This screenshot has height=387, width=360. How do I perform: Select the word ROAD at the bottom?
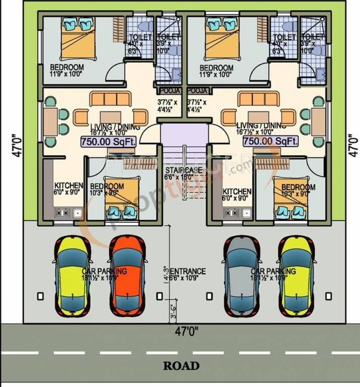[181, 366]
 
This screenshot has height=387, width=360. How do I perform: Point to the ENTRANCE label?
[188, 271]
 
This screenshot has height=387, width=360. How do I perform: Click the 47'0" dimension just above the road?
[187, 332]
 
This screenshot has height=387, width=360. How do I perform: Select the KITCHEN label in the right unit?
[237, 191]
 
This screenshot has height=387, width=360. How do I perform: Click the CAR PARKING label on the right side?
[273, 271]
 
